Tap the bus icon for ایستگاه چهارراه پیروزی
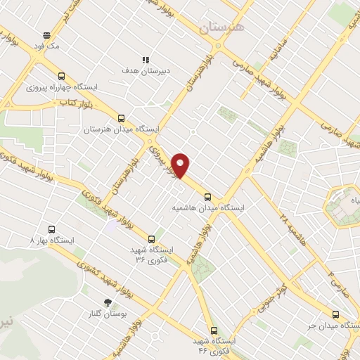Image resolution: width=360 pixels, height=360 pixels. pos(62,77)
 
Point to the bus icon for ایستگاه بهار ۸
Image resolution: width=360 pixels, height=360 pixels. pos(51,229)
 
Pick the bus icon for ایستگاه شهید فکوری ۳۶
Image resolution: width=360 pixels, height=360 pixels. pos(152,238)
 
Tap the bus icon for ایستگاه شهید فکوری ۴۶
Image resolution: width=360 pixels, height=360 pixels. pos(213,330)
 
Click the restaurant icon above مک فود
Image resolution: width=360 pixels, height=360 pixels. pos(46,35)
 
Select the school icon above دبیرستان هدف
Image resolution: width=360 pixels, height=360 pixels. pos(145,60)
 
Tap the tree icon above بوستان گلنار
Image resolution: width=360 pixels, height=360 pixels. pos(107,302)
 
